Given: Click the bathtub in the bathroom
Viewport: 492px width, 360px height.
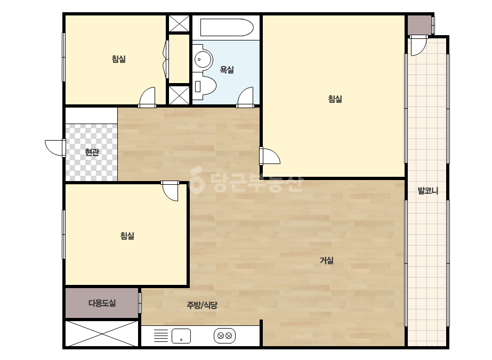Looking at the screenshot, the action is (227, 28).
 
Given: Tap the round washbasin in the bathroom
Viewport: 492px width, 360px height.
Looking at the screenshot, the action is (202, 59).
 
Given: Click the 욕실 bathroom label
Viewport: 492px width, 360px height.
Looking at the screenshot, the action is (227, 70).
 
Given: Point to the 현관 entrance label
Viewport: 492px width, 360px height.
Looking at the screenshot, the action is (92, 152).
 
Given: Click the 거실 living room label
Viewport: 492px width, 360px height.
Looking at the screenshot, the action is (326, 260).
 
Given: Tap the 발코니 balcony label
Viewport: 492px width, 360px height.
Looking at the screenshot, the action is (428, 191).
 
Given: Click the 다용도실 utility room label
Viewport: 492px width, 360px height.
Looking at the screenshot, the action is (102, 303).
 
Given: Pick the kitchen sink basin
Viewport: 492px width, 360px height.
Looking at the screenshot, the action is (181, 336).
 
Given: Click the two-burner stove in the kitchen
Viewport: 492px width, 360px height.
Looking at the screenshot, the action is (224, 336).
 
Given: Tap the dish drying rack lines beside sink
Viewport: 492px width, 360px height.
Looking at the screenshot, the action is (160, 336).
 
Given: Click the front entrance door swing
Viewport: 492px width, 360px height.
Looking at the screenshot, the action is (54, 148).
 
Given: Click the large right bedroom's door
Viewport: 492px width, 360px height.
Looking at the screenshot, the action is (270, 156).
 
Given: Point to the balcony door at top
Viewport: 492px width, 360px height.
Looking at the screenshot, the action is (418, 46).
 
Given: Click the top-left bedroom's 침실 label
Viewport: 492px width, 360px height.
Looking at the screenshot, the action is (119, 59).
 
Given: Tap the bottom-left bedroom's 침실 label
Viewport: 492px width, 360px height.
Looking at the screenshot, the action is (127, 236).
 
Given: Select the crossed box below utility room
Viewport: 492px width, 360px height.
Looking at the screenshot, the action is (102, 333).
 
